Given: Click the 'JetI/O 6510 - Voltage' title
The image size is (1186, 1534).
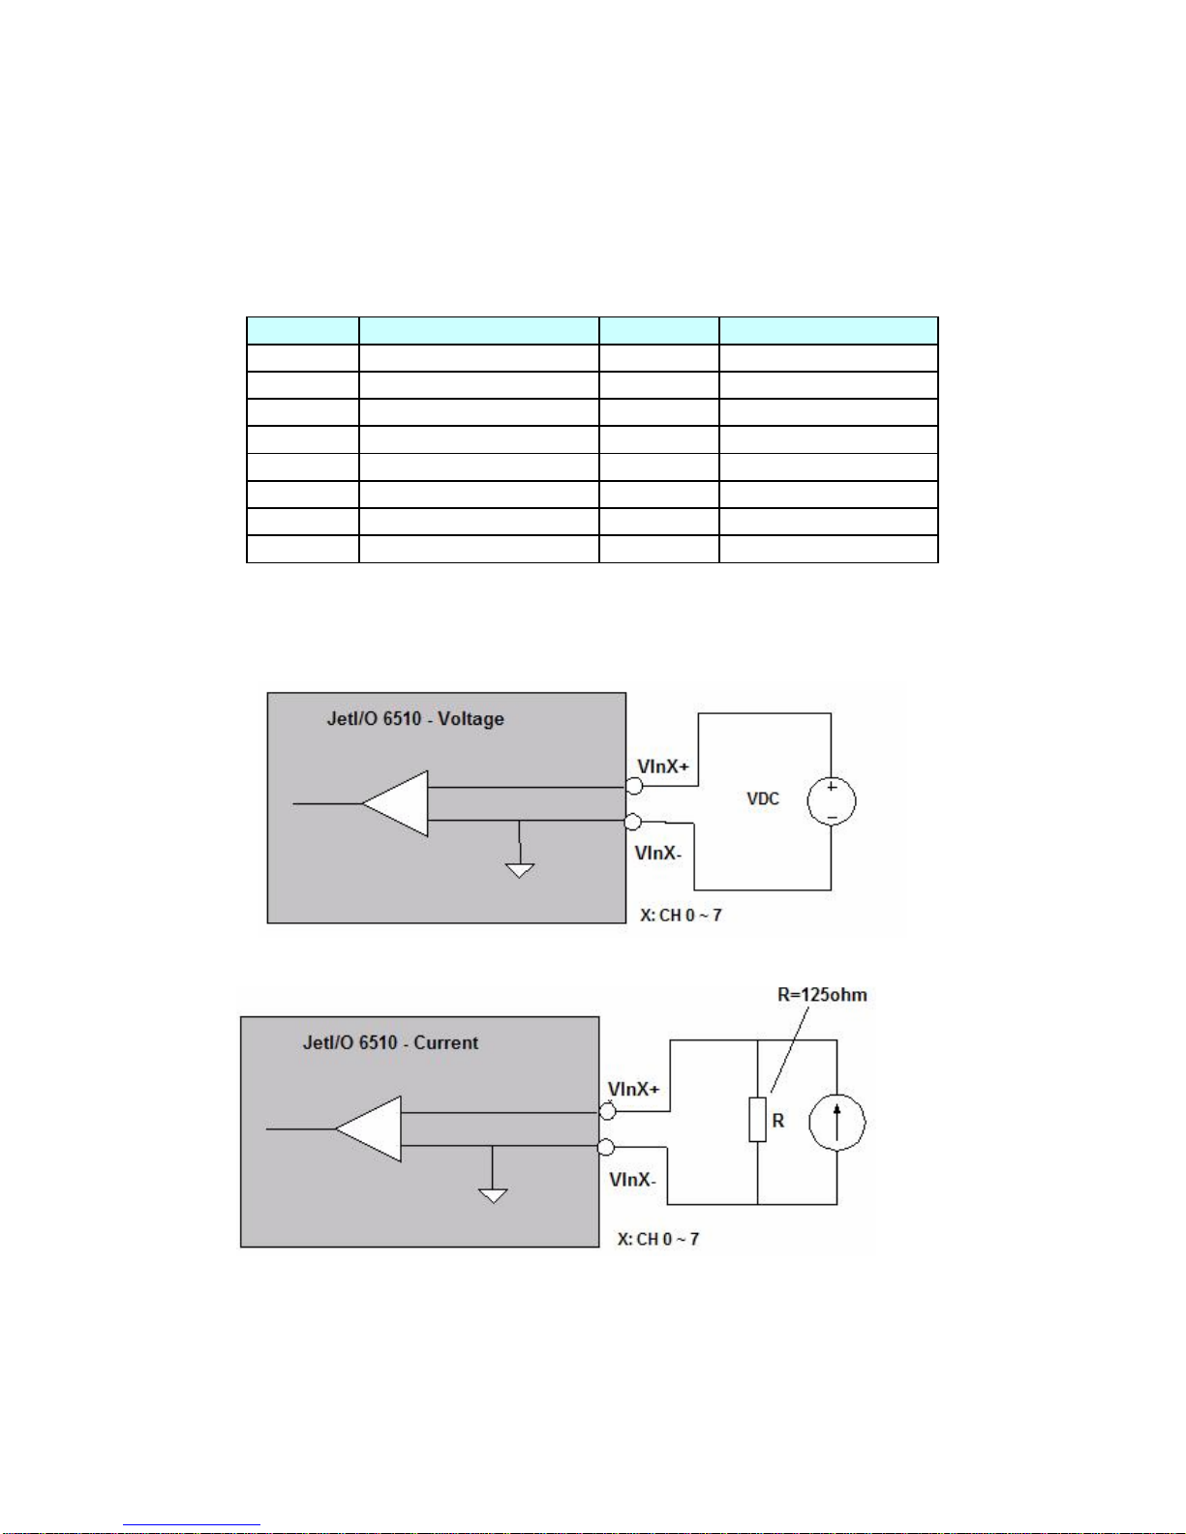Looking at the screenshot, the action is point(415,719).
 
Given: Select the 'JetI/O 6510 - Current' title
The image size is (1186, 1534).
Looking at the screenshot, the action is point(390,1043).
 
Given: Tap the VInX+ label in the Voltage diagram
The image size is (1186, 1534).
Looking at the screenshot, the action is point(663,767).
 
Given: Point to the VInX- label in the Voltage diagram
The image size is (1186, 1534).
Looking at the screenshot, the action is point(658,853).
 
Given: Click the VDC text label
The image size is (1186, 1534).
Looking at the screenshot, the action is point(763,798).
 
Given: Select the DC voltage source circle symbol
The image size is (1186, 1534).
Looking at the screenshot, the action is point(832,801).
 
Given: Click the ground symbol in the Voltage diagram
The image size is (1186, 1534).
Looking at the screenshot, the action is point(520,868).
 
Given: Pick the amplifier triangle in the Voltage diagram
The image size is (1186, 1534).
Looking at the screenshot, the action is point(398,803).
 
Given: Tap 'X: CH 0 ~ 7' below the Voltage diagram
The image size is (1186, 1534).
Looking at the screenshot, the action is point(681,916).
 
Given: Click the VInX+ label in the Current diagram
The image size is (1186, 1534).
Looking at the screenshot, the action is point(634,1090).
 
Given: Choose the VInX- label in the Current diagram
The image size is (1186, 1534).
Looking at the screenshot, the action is point(632,1180).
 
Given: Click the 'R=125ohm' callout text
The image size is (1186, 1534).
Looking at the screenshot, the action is point(822,995).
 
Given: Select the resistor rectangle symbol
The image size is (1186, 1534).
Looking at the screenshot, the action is point(757,1120).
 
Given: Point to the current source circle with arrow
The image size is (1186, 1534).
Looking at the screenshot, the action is point(837,1123).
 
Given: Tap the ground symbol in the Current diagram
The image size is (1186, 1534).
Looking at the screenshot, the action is point(493,1193).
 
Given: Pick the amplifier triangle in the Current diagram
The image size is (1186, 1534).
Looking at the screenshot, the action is point(371,1128).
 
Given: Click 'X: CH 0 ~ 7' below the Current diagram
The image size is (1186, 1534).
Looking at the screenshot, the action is point(658,1240).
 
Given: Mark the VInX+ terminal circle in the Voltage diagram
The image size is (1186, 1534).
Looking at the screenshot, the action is point(634,787).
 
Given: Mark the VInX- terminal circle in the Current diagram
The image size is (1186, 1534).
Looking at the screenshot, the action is point(606,1148).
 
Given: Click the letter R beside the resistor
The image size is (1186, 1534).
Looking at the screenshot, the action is point(777,1121).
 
